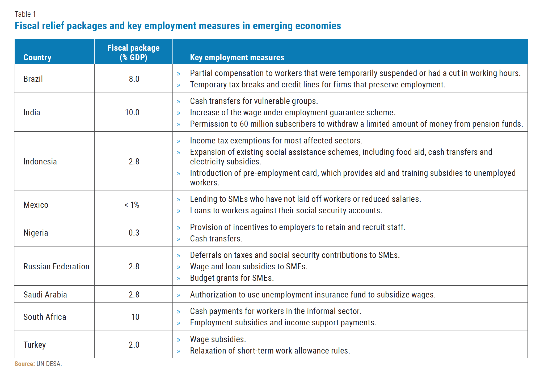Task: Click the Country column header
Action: tap(37, 57)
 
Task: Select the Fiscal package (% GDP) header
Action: tap(133, 53)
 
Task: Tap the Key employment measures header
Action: tap(237, 57)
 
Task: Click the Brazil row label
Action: tap(33, 79)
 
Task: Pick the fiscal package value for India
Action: tap(132, 112)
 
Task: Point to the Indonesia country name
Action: tap(40, 161)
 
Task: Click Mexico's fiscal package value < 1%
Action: tap(132, 205)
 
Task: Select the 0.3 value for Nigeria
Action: tap(134, 233)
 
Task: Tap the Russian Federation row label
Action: tap(56, 266)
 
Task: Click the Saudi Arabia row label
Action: tap(45, 295)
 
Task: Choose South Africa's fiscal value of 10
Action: tap(135, 317)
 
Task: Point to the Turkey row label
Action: tap(35, 345)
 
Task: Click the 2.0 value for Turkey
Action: tap(134, 345)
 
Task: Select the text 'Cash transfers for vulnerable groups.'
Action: tap(254, 101)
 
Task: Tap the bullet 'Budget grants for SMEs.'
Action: tap(232, 278)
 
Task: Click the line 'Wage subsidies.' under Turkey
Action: tap(218, 339)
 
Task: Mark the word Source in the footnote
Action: tap(25, 364)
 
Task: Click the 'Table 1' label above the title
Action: tap(25, 14)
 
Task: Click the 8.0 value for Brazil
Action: tap(134, 79)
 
